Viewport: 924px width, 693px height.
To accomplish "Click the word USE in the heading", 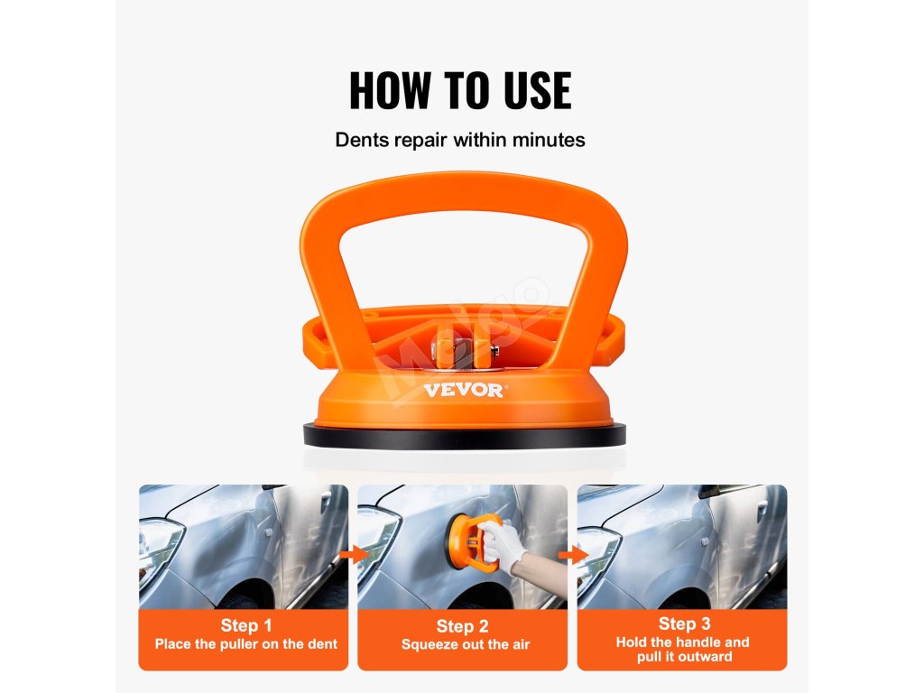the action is click(x=537, y=90).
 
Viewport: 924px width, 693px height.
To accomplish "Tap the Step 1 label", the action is click(x=246, y=625).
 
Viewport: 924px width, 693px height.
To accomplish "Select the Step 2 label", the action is click(x=463, y=626).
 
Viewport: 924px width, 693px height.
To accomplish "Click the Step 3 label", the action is click(x=684, y=624).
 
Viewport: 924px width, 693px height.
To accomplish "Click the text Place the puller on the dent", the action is click(x=246, y=644).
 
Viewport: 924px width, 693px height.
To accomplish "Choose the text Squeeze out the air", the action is click(x=466, y=644).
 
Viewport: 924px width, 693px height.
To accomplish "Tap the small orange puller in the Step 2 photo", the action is click(x=468, y=541).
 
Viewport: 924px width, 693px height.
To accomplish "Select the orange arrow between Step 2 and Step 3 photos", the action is click(x=573, y=555).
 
